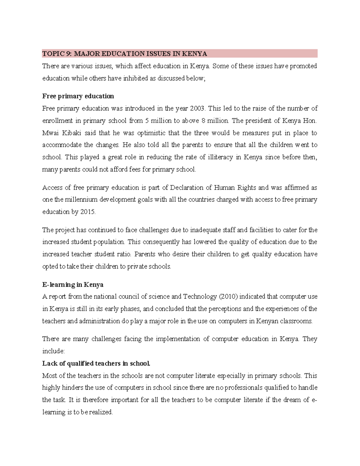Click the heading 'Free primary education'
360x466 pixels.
point(78,96)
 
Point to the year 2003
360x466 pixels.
point(198,108)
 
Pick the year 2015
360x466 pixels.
point(88,212)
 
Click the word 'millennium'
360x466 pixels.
point(81,200)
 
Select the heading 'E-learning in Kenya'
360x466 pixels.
point(73,285)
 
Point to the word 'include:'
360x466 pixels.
point(53,351)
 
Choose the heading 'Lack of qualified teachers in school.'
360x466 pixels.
point(96,364)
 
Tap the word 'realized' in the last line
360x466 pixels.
point(101,412)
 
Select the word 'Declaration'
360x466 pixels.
point(187,188)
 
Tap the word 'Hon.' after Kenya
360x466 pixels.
point(310,121)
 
